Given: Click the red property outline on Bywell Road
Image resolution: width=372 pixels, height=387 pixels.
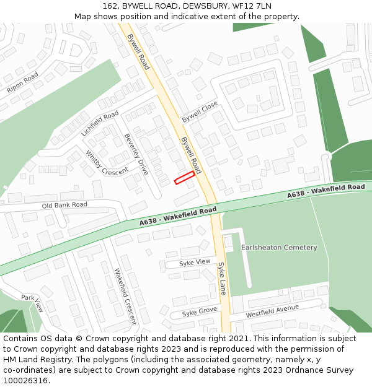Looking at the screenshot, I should point(184,178).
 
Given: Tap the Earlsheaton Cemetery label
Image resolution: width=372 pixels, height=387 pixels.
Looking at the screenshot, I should point(279,248).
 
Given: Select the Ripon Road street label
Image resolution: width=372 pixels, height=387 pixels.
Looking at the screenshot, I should point(23,82).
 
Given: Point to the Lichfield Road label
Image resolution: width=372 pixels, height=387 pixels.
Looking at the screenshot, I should point(100,124).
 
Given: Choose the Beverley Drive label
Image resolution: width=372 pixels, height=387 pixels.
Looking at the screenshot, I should point(136,154).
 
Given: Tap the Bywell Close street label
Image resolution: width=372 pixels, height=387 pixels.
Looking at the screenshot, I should point(200,111).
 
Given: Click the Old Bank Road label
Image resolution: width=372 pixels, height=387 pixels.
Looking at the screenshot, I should point(64,205).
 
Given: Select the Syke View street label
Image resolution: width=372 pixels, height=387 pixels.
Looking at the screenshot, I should point(195,263).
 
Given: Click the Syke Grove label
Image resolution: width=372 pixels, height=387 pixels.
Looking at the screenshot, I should point(199,311).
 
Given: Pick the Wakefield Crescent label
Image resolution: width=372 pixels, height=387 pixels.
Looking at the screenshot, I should point(125,297).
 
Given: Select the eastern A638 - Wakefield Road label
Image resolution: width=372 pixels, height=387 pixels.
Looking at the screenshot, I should point(325,191).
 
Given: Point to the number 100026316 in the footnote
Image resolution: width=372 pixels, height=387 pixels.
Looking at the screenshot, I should point(26,381).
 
